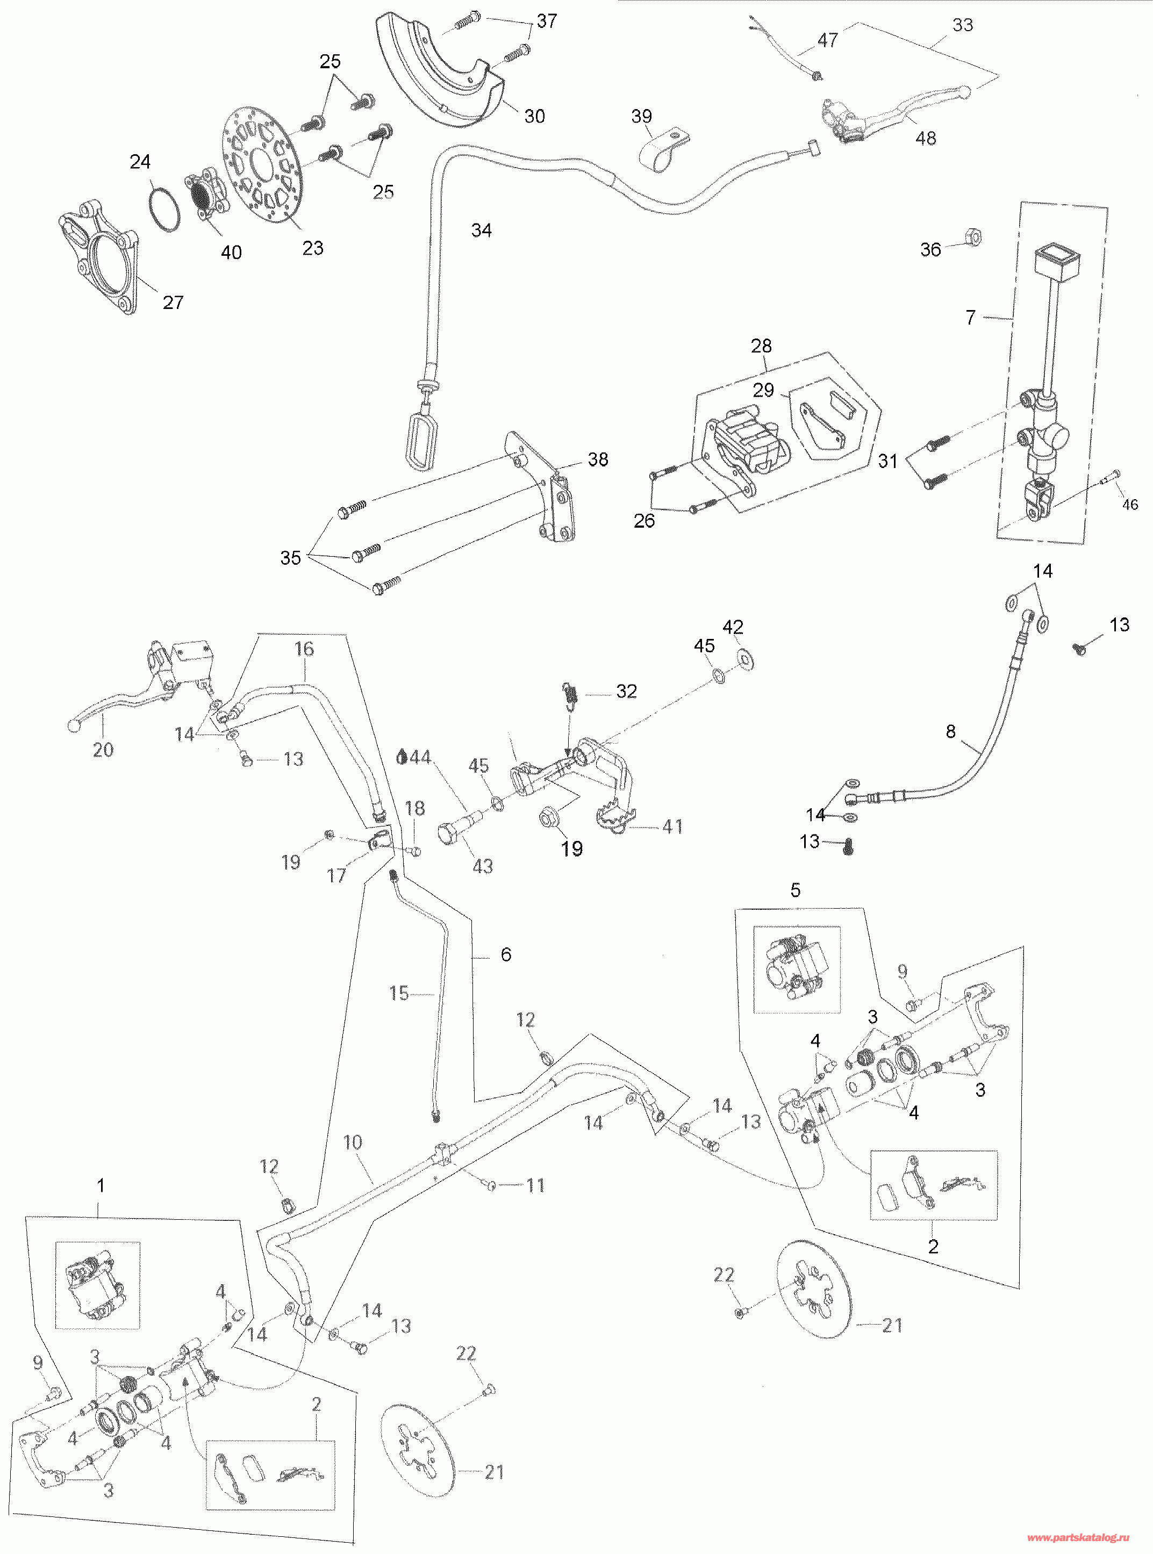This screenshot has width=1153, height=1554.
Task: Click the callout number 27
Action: [x=173, y=302]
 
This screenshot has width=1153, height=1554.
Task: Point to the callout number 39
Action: [x=641, y=116]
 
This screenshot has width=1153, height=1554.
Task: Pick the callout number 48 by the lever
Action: [x=926, y=138]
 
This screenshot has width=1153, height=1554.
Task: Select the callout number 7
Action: [x=970, y=318]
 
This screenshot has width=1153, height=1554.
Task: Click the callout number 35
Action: [x=290, y=558]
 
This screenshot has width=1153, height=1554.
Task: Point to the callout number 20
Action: [x=103, y=750]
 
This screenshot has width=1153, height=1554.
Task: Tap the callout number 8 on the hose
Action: [x=950, y=731]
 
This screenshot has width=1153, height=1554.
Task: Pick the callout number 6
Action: [x=506, y=954]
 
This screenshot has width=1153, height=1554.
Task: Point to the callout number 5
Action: [x=795, y=890]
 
